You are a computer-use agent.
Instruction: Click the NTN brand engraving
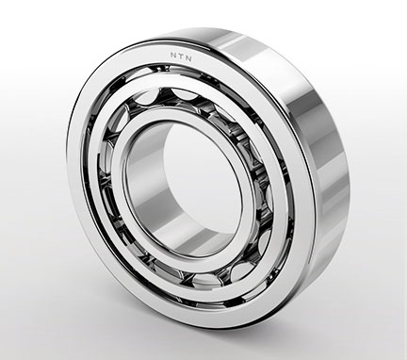point(181,57)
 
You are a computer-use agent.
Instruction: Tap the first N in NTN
point(173,56)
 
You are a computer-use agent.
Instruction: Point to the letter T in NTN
point(181,57)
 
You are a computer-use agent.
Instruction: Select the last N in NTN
point(188,58)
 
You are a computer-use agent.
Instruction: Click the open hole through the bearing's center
point(201,186)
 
